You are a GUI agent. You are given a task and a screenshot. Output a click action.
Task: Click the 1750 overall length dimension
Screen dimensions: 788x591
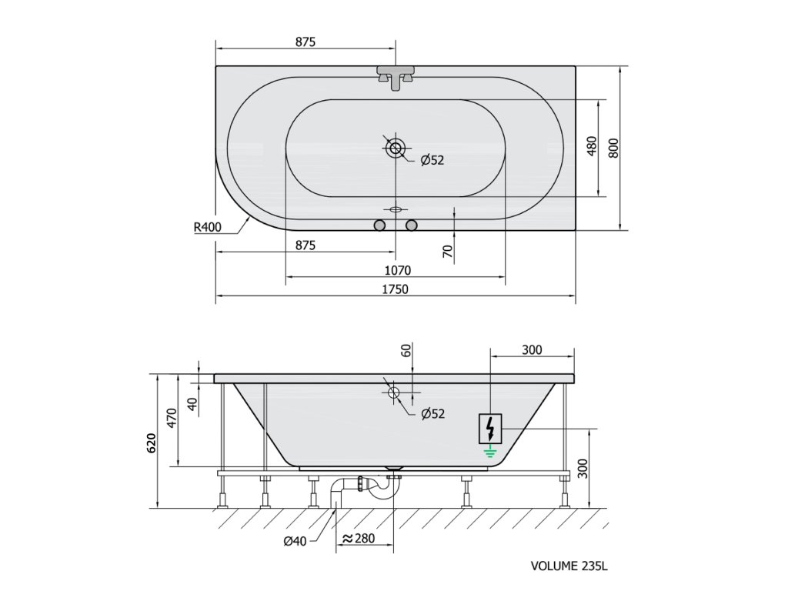pos(395,289)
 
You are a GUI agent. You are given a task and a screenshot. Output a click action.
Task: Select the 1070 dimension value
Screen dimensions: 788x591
pos(398,270)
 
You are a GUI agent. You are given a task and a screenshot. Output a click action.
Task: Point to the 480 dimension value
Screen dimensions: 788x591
pos(592,146)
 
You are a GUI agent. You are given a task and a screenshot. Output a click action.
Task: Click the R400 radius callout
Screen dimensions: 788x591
pos(208,227)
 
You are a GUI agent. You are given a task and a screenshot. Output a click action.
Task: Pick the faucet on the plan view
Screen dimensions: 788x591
pos(396,77)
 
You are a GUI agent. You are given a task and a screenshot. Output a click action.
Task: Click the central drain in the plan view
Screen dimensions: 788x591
pos(396,149)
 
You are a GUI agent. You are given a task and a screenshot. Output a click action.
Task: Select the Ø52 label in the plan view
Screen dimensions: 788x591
pos(432,160)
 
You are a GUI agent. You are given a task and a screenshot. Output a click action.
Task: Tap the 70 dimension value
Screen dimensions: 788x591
pos(449,252)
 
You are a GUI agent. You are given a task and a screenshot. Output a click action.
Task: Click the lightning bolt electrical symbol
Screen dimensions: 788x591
pos(490,428)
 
